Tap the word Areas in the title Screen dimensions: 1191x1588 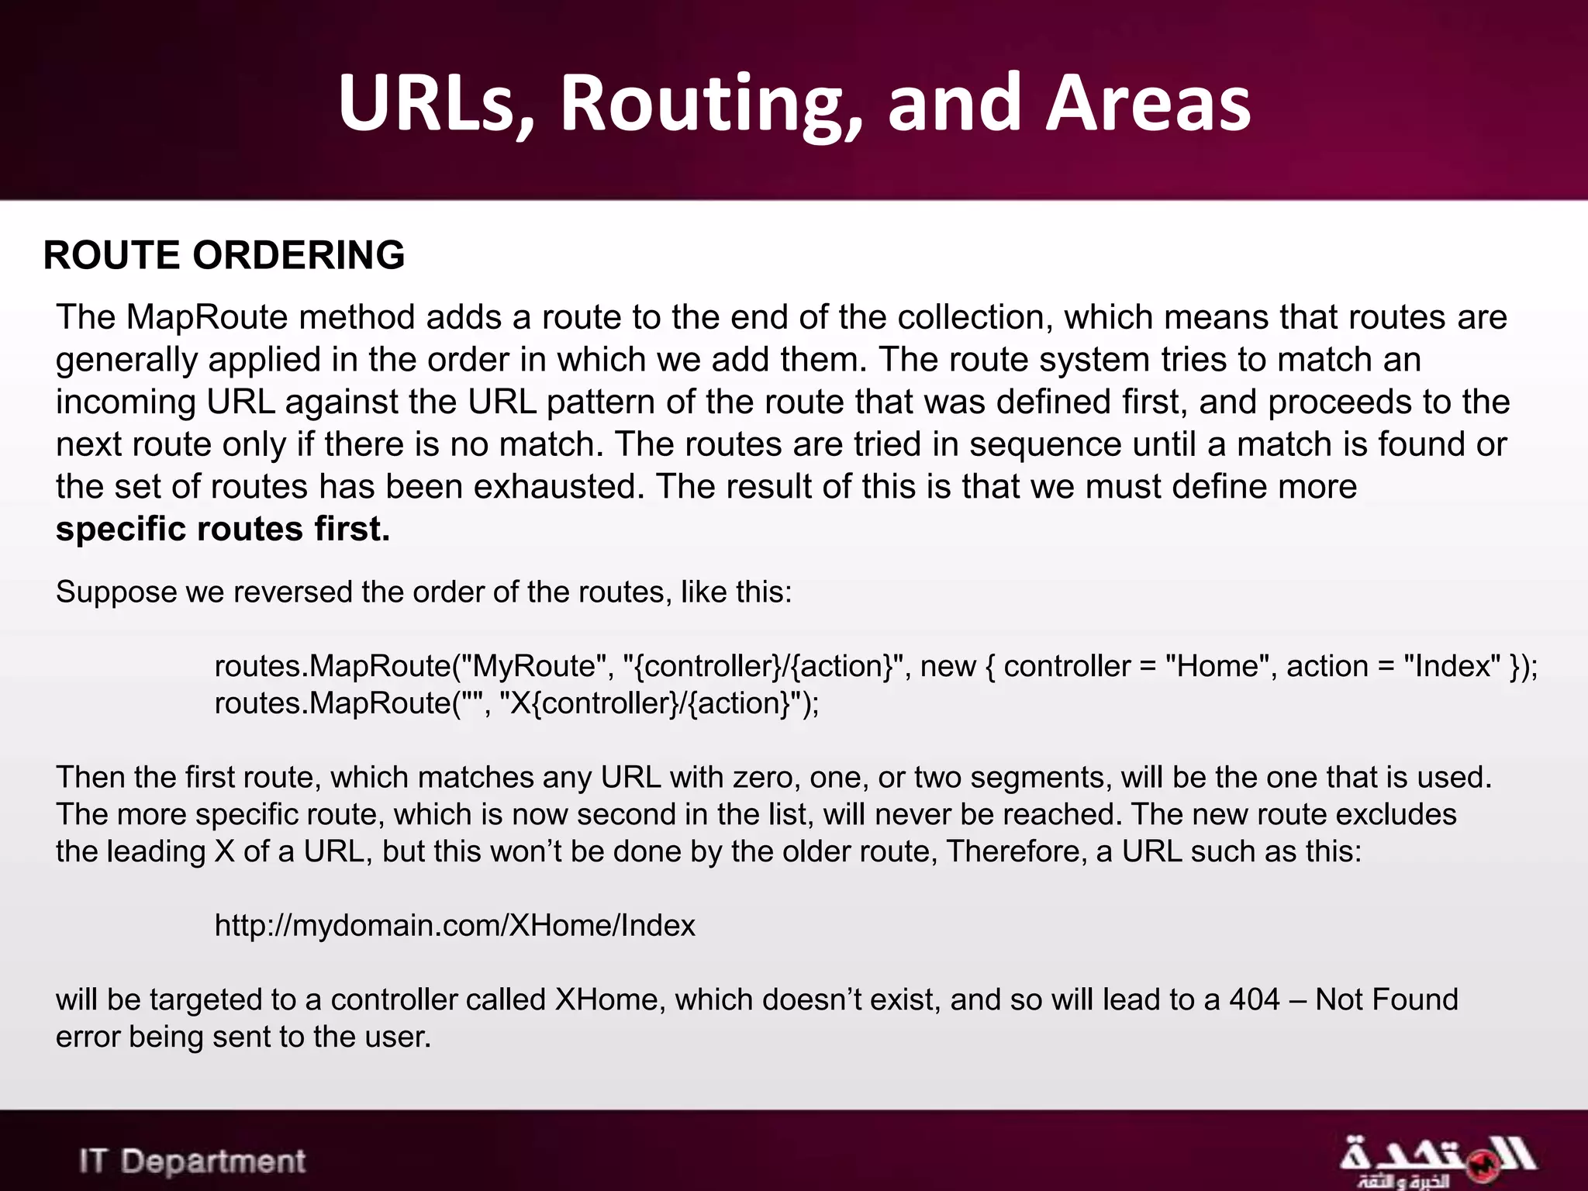[1148, 104]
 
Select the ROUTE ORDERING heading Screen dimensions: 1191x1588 [224, 255]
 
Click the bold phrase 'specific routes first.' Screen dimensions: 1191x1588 [223, 529]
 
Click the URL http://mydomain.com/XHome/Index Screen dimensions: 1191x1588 [454, 925]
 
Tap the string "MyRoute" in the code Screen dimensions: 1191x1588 [534, 666]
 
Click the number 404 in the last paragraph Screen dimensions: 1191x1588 [1255, 999]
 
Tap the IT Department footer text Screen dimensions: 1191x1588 [192, 1162]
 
